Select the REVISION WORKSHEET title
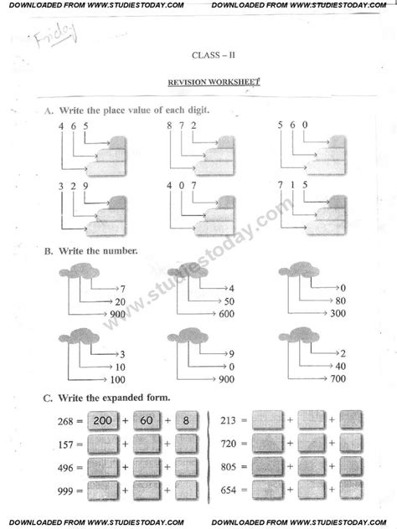click(x=209, y=83)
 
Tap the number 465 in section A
click(x=73, y=126)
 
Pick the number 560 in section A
click(x=292, y=126)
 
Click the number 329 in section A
click(x=73, y=185)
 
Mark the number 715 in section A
click(x=292, y=185)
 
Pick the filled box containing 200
click(x=103, y=421)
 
